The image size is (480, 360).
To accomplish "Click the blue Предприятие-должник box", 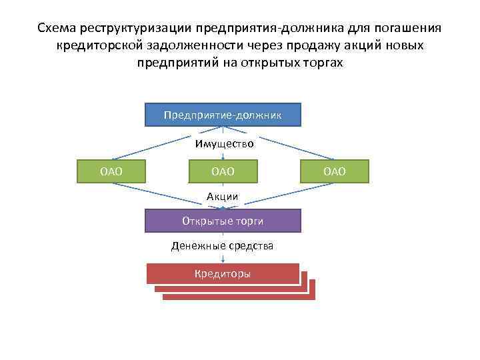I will tap(223, 115).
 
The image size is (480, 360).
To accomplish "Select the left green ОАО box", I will tap(111, 171).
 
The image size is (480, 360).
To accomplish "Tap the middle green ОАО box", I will tap(223, 171).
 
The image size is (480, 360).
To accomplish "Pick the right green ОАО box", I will tap(335, 171).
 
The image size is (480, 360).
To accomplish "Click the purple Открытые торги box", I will tap(223, 221).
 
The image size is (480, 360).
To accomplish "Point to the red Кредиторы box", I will tap(223, 274).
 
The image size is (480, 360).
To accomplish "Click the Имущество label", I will tap(225, 143).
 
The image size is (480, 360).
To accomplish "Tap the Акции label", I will tap(223, 196).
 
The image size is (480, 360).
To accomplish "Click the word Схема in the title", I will tap(57, 29).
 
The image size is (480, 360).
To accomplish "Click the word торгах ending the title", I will tap(325, 62).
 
